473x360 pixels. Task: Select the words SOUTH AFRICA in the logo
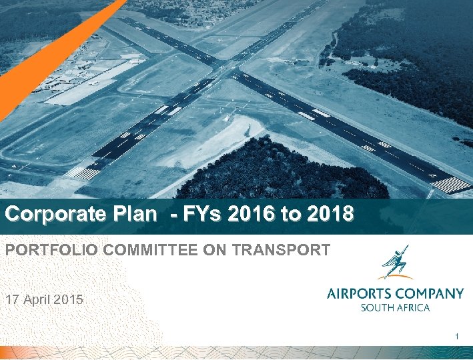[x=395, y=307]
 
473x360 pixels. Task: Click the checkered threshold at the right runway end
[x=450, y=184]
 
